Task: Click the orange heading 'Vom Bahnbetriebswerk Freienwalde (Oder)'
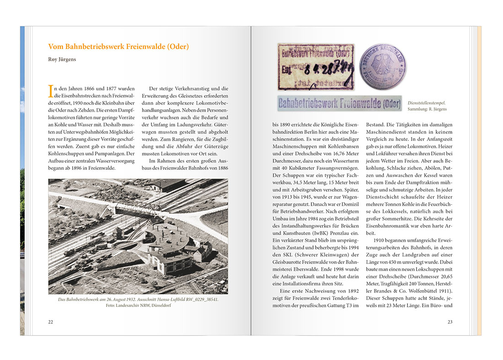click(x=118, y=47)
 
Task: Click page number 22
click(x=51, y=322)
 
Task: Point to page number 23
click(x=450, y=322)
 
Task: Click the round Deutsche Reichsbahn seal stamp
click(x=382, y=67)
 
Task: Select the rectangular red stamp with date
click(x=316, y=67)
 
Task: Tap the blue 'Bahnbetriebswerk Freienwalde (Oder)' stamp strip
click(x=340, y=103)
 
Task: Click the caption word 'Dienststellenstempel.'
click(x=426, y=103)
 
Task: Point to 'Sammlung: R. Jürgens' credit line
click(x=427, y=109)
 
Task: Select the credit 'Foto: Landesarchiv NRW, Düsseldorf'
click(x=138, y=306)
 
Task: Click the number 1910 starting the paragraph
click(x=380, y=241)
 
